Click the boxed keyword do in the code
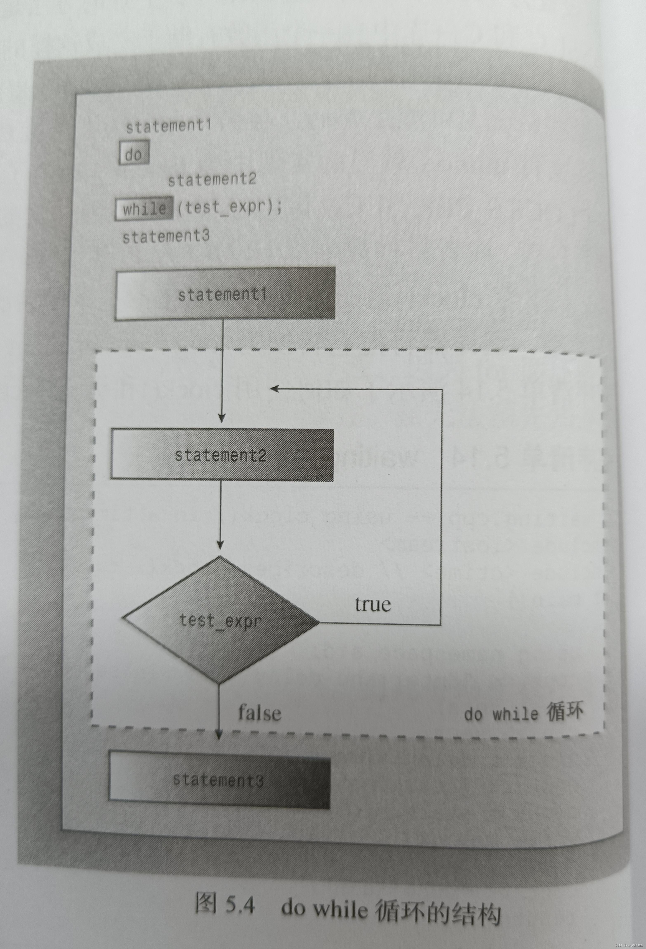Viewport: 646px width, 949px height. (x=134, y=154)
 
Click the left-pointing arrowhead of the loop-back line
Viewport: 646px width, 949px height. (x=274, y=388)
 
